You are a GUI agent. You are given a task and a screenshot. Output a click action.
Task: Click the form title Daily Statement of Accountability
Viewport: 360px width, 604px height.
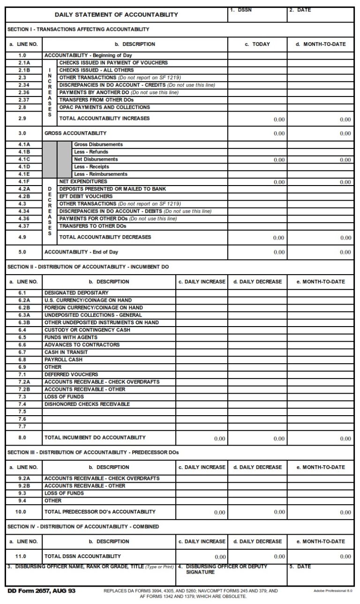tap(116, 15)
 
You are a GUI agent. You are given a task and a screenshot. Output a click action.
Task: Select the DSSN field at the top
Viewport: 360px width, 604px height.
tap(257, 15)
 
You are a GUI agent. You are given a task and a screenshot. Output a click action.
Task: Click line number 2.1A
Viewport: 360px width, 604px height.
tap(24, 63)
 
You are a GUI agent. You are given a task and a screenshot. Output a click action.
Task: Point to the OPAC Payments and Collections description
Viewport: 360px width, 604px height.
tap(105, 107)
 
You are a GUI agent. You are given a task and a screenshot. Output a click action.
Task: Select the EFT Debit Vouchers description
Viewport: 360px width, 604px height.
tap(86, 196)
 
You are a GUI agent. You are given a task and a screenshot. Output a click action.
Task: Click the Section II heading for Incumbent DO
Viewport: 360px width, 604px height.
tap(88, 267)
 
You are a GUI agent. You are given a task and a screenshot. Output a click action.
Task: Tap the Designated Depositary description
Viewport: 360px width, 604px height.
tap(76, 293)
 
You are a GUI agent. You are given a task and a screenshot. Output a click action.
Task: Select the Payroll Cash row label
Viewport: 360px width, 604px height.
tap(63, 359)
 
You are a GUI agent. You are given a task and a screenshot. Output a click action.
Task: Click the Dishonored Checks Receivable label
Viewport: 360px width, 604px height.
tap(87, 404)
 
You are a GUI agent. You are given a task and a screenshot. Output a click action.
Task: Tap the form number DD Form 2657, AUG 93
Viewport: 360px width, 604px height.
tap(41, 591)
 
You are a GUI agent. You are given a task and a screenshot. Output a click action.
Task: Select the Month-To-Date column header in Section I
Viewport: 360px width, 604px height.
tap(321, 45)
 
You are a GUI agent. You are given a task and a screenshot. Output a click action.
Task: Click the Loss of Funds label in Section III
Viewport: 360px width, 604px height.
tap(64, 493)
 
